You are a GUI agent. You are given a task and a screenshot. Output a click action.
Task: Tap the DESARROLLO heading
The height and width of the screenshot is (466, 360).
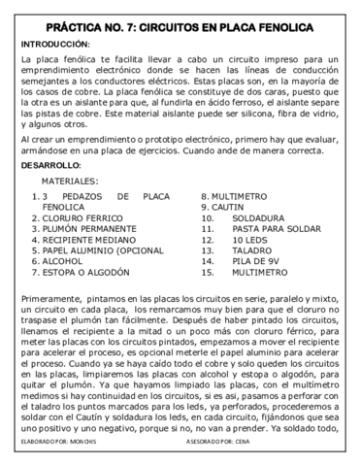click(x=50, y=165)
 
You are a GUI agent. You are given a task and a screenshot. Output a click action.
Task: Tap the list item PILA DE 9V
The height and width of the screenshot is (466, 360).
click(x=259, y=274)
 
